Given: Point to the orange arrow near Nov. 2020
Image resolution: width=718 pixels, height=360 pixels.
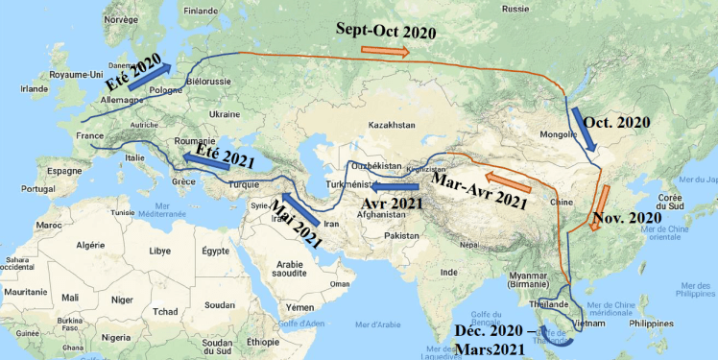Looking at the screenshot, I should tap(604, 196).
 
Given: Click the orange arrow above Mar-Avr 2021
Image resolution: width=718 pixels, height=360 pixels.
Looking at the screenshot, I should tap(506, 178).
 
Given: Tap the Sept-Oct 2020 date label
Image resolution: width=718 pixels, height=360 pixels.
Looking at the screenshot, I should tap(386, 31).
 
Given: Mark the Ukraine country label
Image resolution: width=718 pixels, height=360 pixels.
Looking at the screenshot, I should tap(224, 114).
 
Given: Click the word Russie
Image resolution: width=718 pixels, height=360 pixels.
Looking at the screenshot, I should tap(515, 9).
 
